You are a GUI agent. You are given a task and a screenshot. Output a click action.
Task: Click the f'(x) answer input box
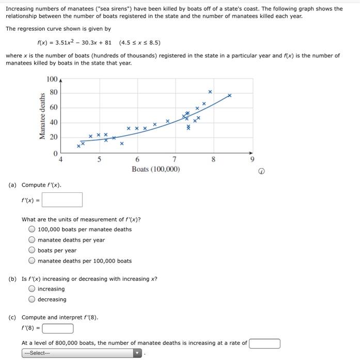point(66,200)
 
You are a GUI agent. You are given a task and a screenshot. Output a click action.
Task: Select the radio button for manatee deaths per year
point(32,240)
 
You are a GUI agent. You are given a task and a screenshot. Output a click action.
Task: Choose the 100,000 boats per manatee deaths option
point(32,230)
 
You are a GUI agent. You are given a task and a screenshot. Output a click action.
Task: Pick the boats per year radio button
point(32,250)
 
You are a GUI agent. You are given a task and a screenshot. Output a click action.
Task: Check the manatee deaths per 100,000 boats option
point(32,261)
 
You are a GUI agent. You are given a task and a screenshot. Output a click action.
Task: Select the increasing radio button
point(32,289)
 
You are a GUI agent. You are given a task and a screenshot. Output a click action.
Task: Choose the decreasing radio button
point(32,299)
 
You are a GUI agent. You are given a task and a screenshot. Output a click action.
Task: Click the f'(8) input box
point(58,328)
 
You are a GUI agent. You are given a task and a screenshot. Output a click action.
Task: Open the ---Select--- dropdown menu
point(82,353)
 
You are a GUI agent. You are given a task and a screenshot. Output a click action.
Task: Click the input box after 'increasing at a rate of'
point(264,343)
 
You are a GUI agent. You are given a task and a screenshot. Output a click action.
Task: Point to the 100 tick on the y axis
point(52,79)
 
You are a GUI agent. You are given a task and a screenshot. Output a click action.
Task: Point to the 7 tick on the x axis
point(175,159)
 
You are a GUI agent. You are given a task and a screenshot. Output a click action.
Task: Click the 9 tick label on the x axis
point(252,159)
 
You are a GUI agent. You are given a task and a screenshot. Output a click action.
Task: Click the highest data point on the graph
point(210,92)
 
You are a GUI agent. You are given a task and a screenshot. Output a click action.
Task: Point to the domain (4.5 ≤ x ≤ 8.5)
point(139,42)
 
